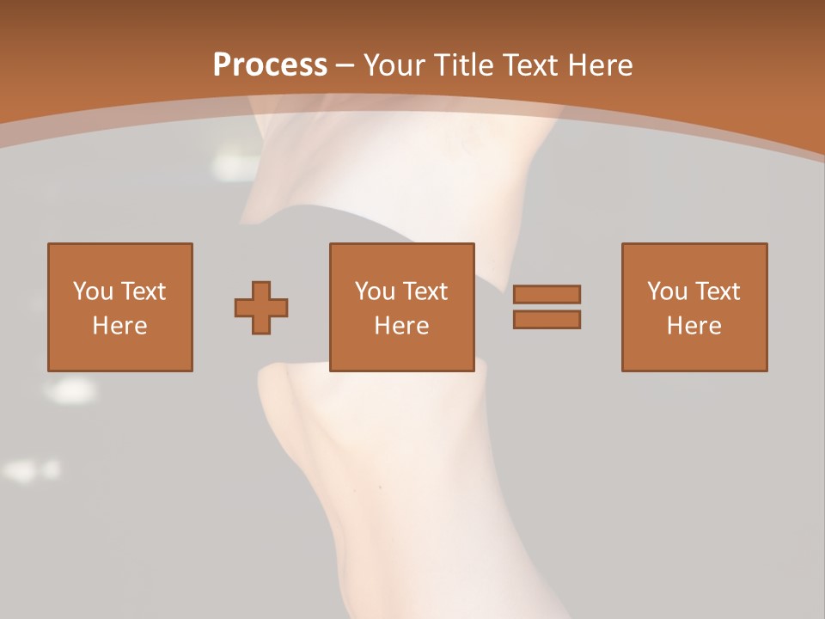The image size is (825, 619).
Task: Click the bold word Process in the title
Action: click(x=270, y=65)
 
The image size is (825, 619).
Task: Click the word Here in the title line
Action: click(x=602, y=65)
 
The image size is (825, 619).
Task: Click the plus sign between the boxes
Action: click(x=261, y=307)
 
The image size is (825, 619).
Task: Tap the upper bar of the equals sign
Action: click(x=547, y=294)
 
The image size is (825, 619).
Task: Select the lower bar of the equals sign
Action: click(x=547, y=319)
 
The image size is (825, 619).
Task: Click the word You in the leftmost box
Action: click(x=93, y=291)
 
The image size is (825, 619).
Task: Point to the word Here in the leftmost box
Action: click(x=120, y=326)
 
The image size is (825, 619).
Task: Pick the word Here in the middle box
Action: click(x=402, y=326)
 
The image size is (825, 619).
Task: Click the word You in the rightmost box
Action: click(x=667, y=291)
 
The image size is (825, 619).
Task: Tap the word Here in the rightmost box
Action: click(x=694, y=326)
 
